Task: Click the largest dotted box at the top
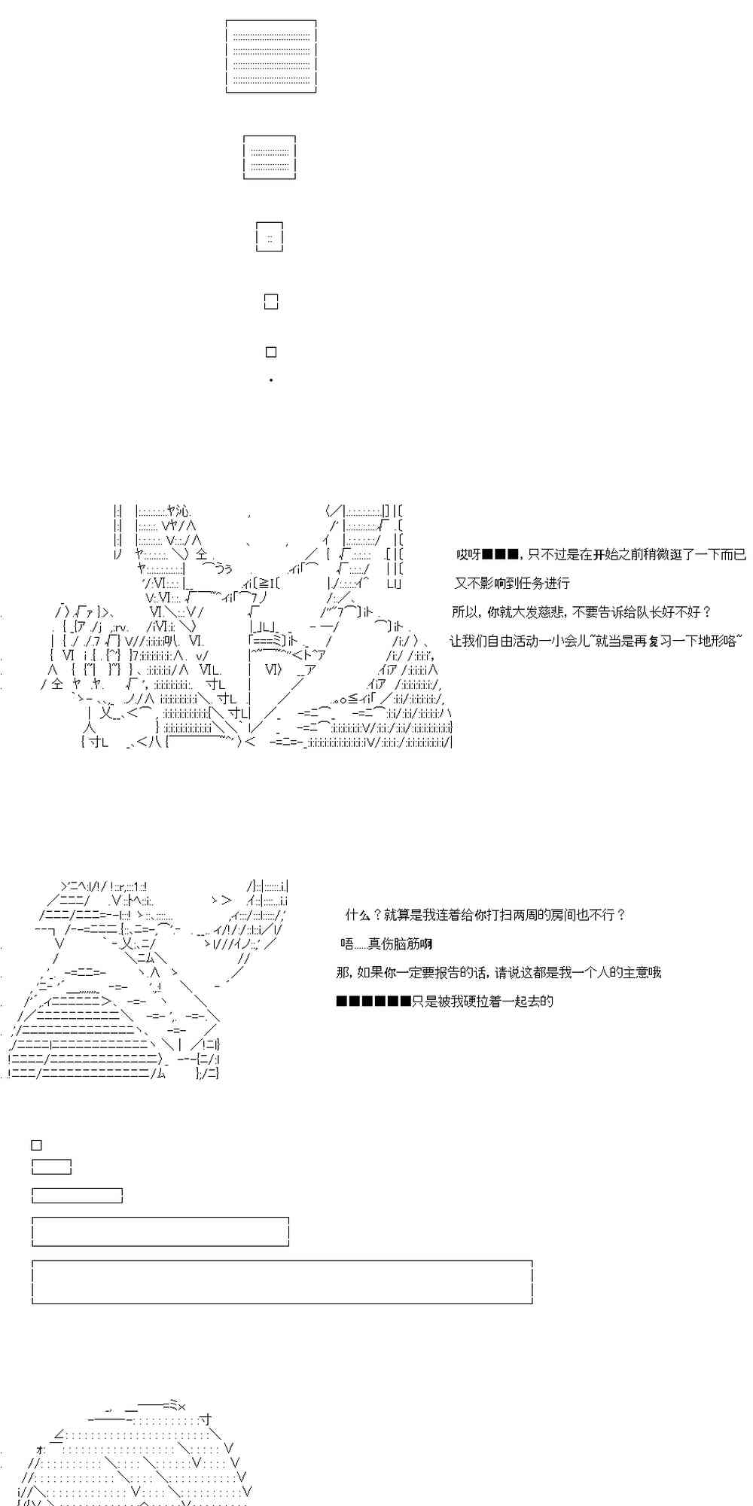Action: pyautogui.click(x=271, y=57)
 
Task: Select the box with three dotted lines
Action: pyautogui.click(x=270, y=157)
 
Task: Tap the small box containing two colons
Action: pyautogui.click(x=270, y=237)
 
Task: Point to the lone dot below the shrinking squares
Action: pyautogui.click(x=271, y=380)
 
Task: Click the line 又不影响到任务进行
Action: pyautogui.click(x=512, y=584)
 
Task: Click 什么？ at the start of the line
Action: pyautogui.click(x=363, y=916)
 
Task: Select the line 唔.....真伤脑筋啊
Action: pyautogui.click(x=386, y=944)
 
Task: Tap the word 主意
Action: pyautogui.click(x=619, y=973)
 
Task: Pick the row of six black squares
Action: pyautogui.click(x=373, y=1001)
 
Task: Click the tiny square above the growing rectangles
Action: pyautogui.click(x=36, y=1145)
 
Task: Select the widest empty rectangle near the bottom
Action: pyautogui.click(x=282, y=1282)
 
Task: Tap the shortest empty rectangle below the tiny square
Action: pyautogui.click(x=52, y=1167)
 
